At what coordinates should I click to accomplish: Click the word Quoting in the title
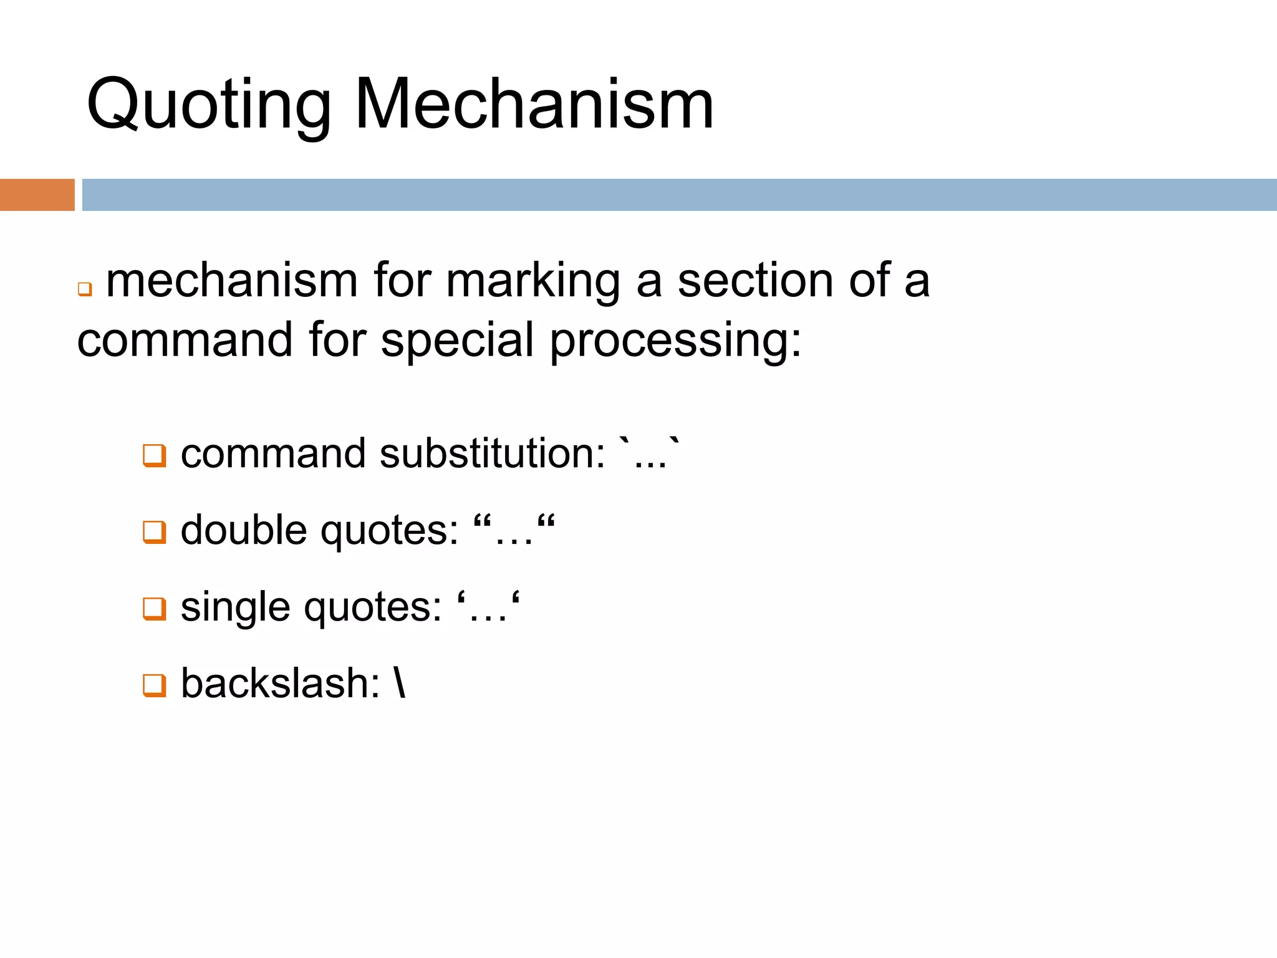click(209, 105)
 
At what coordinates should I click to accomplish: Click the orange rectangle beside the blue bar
click(37, 195)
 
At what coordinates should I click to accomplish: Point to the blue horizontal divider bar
click(679, 195)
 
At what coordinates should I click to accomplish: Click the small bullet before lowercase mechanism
click(85, 289)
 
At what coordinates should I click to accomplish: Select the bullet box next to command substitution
click(155, 455)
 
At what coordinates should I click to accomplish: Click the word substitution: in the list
click(492, 453)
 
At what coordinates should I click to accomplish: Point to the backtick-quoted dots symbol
click(648, 454)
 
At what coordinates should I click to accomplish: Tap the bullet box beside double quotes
click(155, 532)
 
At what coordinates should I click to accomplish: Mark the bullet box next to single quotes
click(155, 609)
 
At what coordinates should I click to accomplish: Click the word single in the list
click(235, 607)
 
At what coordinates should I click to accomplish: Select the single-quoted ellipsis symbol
click(488, 607)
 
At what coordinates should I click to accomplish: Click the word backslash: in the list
click(280, 684)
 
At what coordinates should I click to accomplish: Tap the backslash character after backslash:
click(400, 684)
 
